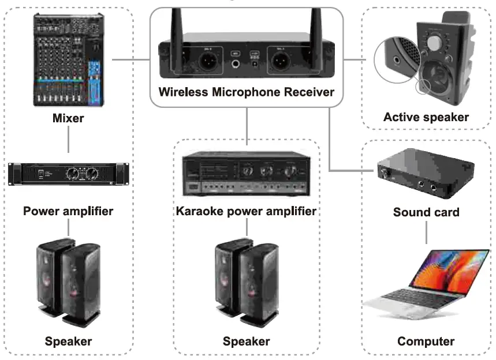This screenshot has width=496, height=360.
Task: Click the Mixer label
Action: point(68,118)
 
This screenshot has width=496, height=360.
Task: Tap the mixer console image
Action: point(68,60)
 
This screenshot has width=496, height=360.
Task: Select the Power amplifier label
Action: point(68,211)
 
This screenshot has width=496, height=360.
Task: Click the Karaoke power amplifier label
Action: point(247,211)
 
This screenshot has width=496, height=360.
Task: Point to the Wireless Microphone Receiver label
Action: point(247,92)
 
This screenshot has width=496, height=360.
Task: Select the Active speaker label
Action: point(426,117)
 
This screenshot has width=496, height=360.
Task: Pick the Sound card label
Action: point(426,212)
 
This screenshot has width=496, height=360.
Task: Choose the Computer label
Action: point(426,341)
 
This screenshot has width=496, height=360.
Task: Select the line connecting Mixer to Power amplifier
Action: point(68,140)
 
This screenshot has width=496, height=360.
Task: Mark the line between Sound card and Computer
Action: point(426,232)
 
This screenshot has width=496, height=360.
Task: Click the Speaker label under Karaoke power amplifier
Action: point(247,341)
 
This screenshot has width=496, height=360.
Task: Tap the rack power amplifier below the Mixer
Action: point(68,173)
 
